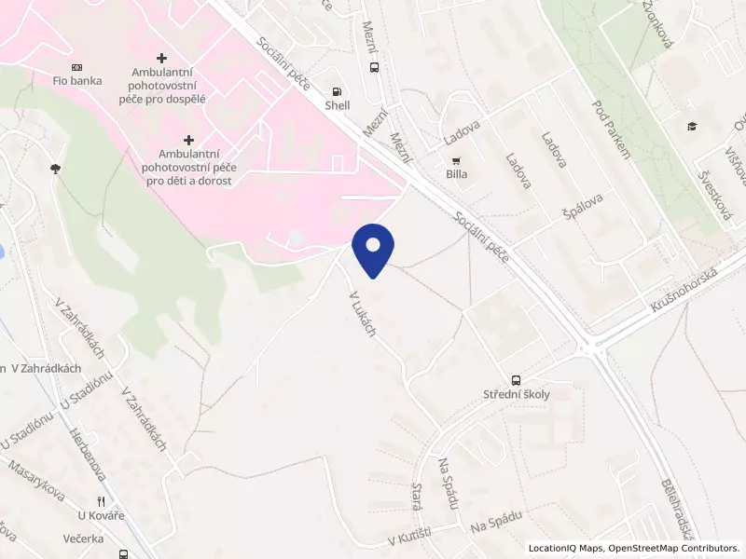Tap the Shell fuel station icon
point(337,91)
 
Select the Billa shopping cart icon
point(456,160)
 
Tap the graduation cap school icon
point(691,127)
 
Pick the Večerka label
point(84,538)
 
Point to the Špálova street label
point(583,211)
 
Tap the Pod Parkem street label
point(611,129)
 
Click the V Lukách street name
point(362,314)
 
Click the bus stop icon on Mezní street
point(374,67)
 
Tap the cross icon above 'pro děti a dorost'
point(188,139)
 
